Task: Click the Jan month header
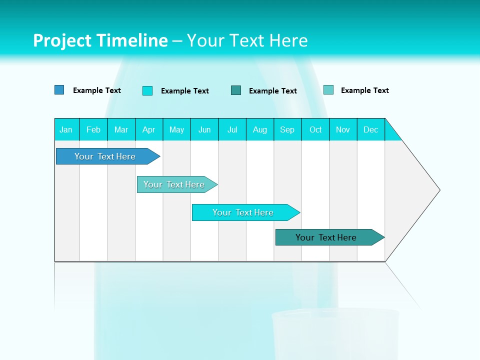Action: pyautogui.click(x=66, y=129)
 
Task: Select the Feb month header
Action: pyautogui.click(x=93, y=129)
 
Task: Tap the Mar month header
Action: pyautogui.click(x=121, y=129)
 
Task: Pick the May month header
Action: pyautogui.click(x=176, y=129)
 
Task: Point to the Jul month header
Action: pyautogui.click(x=232, y=129)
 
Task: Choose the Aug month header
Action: pyautogui.click(x=260, y=129)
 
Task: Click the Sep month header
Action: pyautogui.click(x=287, y=129)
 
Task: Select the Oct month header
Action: pyautogui.click(x=315, y=129)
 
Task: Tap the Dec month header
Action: pyautogui.click(x=371, y=129)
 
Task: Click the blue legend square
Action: pyautogui.click(x=59, y=90)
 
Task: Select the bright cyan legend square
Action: pyautogui.click(x=147, y=90)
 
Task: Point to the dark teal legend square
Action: pyautogui.click(x=236, y=90)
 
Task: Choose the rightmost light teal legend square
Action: pyautogui.click(x=328, y=90)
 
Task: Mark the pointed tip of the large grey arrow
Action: pyautogui.click(x=439, y=190)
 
